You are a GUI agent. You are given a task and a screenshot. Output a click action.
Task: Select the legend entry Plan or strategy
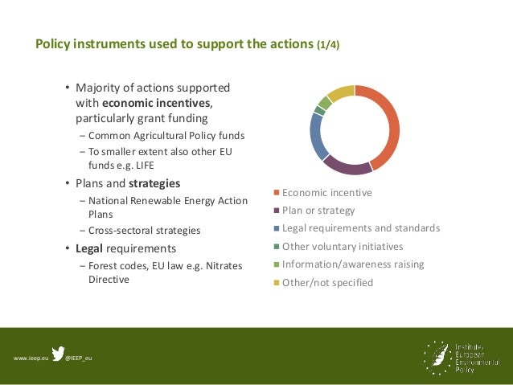(x=318, y=211)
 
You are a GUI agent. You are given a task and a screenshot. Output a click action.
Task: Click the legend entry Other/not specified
(x=327, y=283)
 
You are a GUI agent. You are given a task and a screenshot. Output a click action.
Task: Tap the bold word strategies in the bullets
(x=154, y=183)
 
